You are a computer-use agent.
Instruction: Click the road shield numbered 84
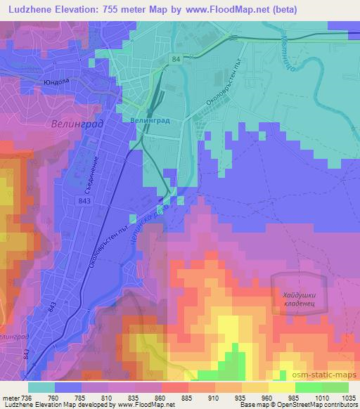pos(174,60)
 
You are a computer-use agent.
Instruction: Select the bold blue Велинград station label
pos(150,121)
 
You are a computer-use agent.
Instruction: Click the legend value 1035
pos(349,397)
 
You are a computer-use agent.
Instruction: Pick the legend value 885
pos(185,397)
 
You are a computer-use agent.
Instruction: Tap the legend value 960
pos(267,397)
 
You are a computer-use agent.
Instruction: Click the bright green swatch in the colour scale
pos(308,387)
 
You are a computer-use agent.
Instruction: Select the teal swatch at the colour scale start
pos(41,387)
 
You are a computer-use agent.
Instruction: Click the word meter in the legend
pos(9,397)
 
